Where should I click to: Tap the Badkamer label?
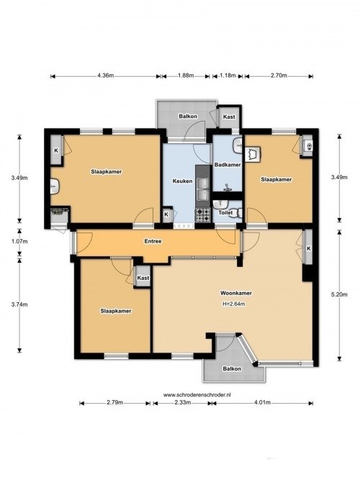click(228, 166)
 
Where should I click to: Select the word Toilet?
click(225, 213)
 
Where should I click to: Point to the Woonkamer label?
click(234, 294)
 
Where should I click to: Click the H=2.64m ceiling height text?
click(234, 304)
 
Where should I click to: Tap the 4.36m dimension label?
click(105, 76)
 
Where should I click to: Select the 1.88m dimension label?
click(184, 76)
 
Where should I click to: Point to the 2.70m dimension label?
click(279, 76)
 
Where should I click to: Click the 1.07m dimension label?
click(19, 241)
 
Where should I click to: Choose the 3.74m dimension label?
click(19, 304)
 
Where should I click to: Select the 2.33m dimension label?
click(183, 403)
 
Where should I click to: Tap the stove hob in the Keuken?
click(203, 214)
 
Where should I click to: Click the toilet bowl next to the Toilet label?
click(239, 213)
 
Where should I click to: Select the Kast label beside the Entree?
click(143, 277)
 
